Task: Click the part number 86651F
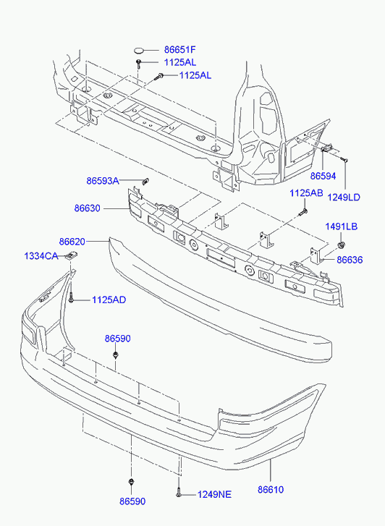[179, 50]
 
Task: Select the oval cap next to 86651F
[139, 51]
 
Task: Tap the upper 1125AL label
[180, 62]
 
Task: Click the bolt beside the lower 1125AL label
[158, 77]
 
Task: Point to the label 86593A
[103, 181]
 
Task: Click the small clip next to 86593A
[145, 182]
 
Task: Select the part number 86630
[88, 208]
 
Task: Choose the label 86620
[72, 242]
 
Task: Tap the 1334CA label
[41, 256]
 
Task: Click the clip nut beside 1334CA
[71, 255]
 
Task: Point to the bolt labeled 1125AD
[71, 298]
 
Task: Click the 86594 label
[323, 176]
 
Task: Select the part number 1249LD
[344, 198]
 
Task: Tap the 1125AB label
[306, 193]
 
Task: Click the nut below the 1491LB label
[342, 245]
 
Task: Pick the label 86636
[350, 260]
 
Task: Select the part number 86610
[271, 490]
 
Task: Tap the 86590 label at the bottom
[132, 501]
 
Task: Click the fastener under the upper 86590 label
[116, 355]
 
